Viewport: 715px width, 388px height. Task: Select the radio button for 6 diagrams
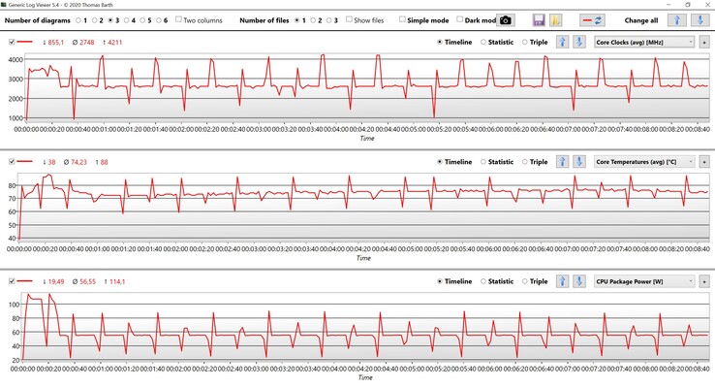coord(156,19)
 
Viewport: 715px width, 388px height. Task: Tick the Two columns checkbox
coord(179,19)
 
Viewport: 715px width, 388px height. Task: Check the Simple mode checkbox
coord(403,19)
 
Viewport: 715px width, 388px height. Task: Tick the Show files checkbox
coord(349,19)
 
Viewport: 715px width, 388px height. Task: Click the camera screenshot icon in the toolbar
coord(506,19)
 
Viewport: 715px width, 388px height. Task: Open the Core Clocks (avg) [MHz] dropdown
coord(643,42)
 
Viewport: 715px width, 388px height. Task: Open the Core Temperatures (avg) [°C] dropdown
coord(643,162)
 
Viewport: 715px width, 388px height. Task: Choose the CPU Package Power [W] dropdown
coord(643,281)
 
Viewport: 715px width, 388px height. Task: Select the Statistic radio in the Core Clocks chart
coord(483,42)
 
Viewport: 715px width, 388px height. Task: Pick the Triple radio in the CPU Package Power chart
coord(525,281)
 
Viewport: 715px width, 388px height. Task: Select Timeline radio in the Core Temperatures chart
coord(440,162)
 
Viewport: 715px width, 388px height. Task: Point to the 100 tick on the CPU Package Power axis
coord(14,305)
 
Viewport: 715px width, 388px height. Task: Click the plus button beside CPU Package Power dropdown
coord(704,281)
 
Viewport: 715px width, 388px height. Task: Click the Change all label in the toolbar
coord(641,19)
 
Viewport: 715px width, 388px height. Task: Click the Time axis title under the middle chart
coord(363,258)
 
